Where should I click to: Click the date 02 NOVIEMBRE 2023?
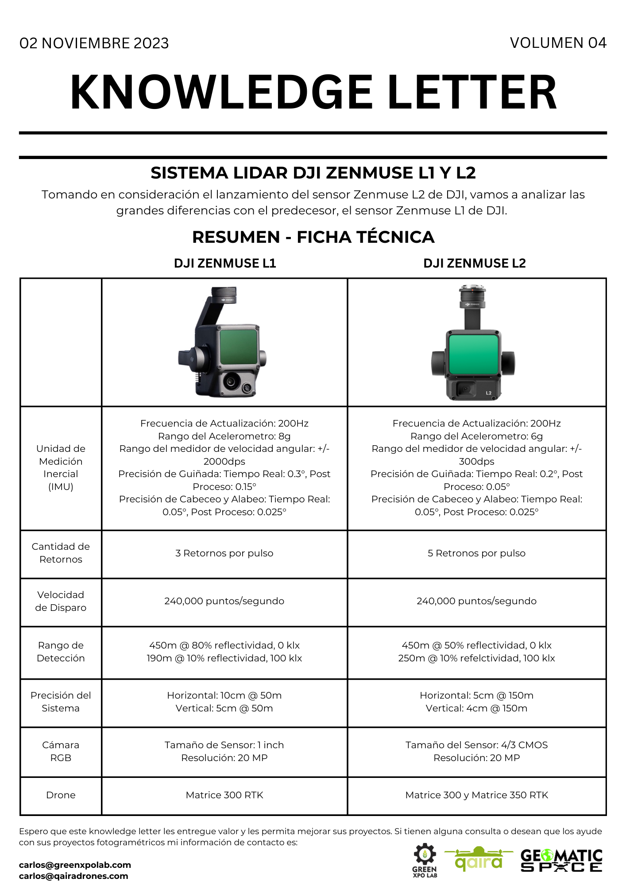click(x=94, y=43)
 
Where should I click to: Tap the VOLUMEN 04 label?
click(x=558, y=43)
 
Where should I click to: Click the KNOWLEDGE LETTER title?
click(x=313, y=92)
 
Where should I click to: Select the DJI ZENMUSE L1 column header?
click(x=225, y=263)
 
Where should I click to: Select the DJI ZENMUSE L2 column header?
click(x=475, y=263)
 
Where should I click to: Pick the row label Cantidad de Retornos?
click(x=61, y=553)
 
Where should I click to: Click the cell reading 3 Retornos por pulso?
click(x=224, y=553)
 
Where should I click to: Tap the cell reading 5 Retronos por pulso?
click(x=476, y=553)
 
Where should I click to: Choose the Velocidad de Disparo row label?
click(x=61, y=601)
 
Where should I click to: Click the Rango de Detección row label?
click(x=61, y=652)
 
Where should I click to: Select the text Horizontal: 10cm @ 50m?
click(x=224, y=696)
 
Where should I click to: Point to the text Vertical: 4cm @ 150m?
click(x=476, y=708)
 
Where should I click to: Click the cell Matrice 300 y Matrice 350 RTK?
click(x=476, y=795)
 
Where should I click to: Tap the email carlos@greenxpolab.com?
click(x=75, y=865)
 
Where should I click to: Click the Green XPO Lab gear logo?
click(x=425, y=859)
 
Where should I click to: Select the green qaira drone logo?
click(x=479, y=859)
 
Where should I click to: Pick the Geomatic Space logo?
click(x=561, y=860)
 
